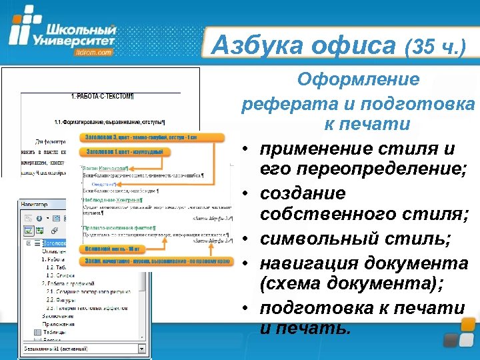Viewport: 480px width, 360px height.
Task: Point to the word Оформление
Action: [x=359, y=80]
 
